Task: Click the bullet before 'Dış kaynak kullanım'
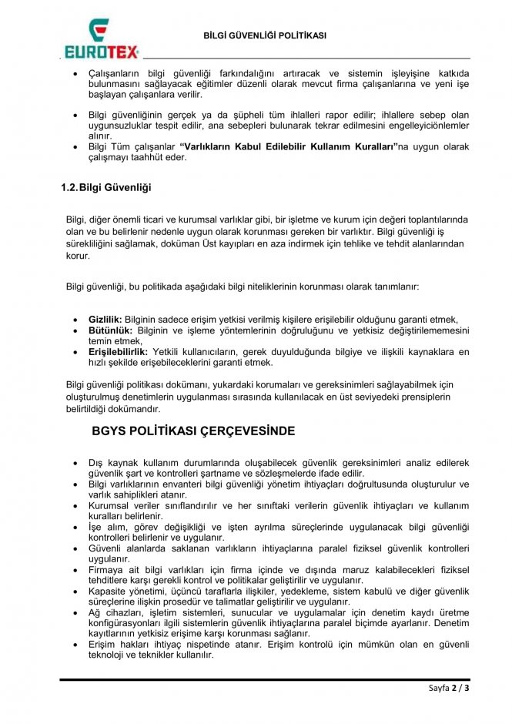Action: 73,463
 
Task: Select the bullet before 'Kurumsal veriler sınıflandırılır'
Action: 73,506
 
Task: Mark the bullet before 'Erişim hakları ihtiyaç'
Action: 73,645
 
